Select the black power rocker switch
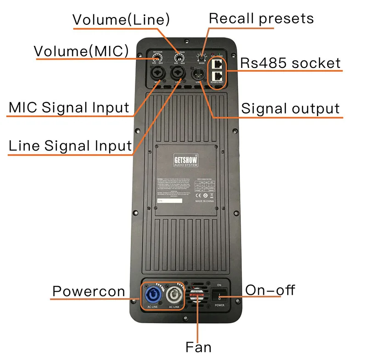219,294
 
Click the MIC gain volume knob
157,59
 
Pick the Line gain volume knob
179,59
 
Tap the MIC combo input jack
157,73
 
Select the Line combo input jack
178,73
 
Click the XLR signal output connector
199,73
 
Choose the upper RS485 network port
217,63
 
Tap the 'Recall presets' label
261,18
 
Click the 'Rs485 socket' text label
291,63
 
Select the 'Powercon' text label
89,291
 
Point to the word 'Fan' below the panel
198,347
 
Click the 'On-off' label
270,290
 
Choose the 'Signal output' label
290,108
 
